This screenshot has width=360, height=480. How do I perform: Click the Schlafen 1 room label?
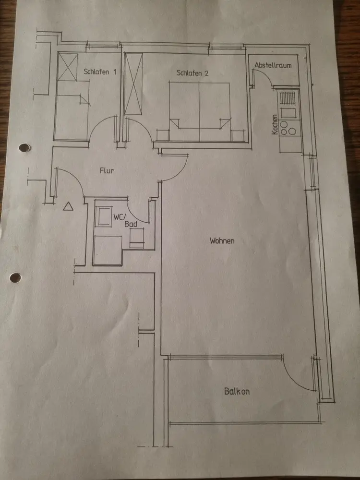click(100, 72)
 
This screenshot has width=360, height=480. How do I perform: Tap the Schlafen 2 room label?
click(192, 73)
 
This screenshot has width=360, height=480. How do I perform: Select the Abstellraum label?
click(273, 65)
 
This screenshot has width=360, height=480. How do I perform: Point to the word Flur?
click(107, 170)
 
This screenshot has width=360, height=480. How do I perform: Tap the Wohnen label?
click(222, 240)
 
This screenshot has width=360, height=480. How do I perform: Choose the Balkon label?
click(237, 391)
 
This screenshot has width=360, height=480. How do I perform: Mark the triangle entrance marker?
click(68, 206)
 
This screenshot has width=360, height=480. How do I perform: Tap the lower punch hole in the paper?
click(15, 277)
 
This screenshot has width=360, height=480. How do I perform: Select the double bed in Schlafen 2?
click(200, 106)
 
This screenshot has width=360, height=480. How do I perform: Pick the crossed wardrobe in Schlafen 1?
click(67, 67)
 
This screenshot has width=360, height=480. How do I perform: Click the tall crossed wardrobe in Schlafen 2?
click(133, 84)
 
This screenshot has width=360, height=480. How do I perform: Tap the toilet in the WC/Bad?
click(137, 238)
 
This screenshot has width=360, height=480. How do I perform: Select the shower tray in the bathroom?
click(106, 250)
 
